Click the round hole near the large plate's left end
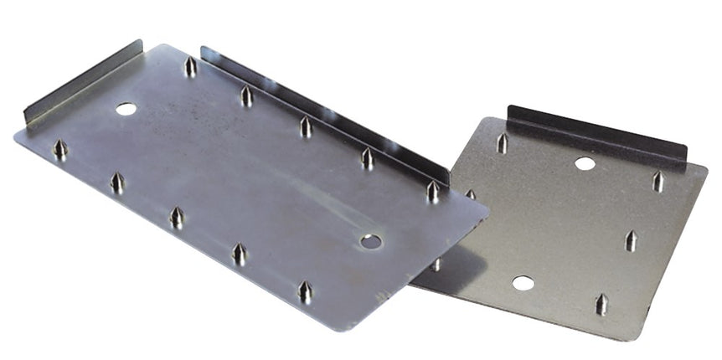click(126, 109)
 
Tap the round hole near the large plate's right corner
click(370, 242)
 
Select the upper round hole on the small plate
click(585, 163)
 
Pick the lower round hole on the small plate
click(523, 283)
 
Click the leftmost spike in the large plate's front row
click(60, 150)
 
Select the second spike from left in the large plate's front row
click(117, 183)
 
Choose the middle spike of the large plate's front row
click(177, 218)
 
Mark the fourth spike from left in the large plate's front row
click(239, 254)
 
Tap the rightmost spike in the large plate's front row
click(306, 291)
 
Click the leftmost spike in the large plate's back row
click(190, 66)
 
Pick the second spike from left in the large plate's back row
click(246, 95)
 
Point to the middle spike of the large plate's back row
click(306, 126)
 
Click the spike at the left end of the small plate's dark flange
click(502, 143)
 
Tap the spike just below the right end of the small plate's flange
click(658, 181)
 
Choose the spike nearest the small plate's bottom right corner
click(601, 303)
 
